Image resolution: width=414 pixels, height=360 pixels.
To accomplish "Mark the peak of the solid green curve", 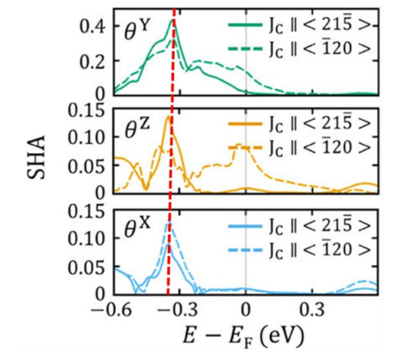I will coord(174,20).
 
